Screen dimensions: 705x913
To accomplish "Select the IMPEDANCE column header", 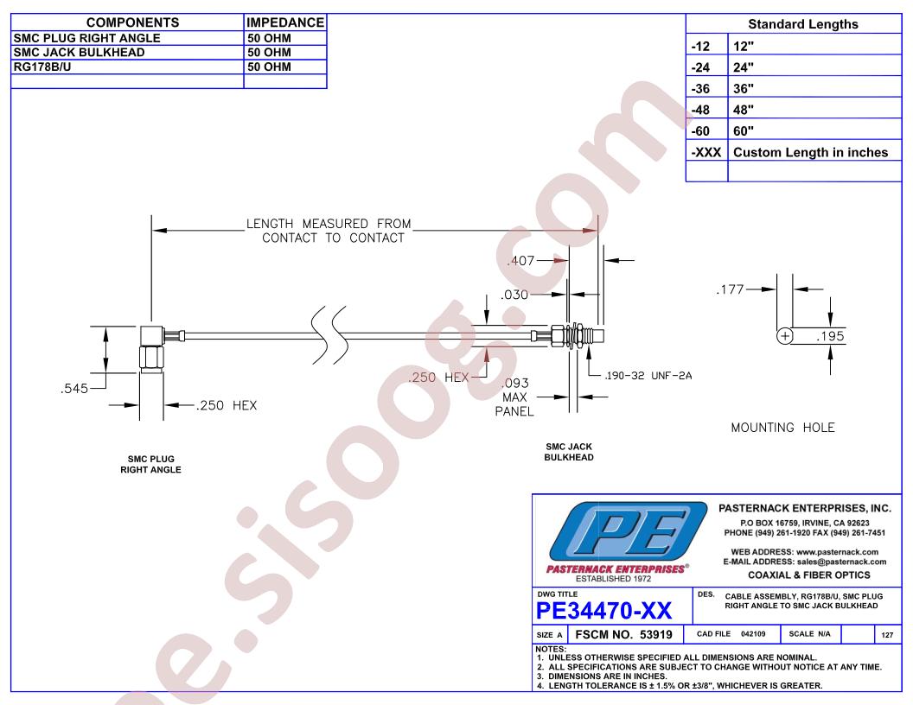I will coord(285,23).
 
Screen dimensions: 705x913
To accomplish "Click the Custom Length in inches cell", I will coord(810,153).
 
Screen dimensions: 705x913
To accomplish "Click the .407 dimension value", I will coord(520,260).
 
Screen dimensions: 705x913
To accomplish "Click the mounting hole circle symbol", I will coord(785,336).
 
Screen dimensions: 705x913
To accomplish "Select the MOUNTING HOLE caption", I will coord(783,428).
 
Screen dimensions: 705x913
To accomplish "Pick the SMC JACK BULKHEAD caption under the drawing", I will coord(569,452).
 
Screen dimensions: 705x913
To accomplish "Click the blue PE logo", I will coord(618,535).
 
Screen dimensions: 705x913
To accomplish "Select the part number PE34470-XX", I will coord(604,612).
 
